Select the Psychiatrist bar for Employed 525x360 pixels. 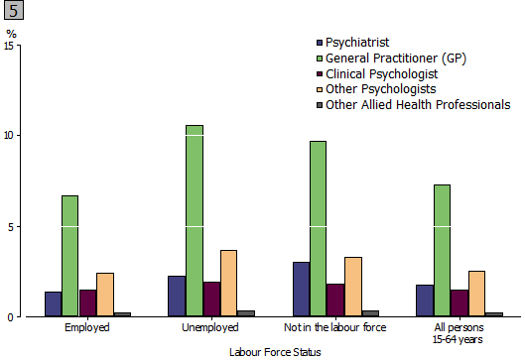(x=53, y=304)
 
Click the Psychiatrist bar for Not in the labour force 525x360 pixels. (x=300, y=290)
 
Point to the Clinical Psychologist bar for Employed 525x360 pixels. (x=87, y=303)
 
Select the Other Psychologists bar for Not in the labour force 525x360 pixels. (x=352, y=287)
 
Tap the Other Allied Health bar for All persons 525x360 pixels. (x=493, y=314)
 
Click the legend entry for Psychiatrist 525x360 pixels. (x=359, y=42)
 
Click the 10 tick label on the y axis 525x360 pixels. (x=11, y=135)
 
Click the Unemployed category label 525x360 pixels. (x=210, y=327)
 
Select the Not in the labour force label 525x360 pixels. (x=334, y=327)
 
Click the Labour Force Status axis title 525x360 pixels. (x=275, y=351)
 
